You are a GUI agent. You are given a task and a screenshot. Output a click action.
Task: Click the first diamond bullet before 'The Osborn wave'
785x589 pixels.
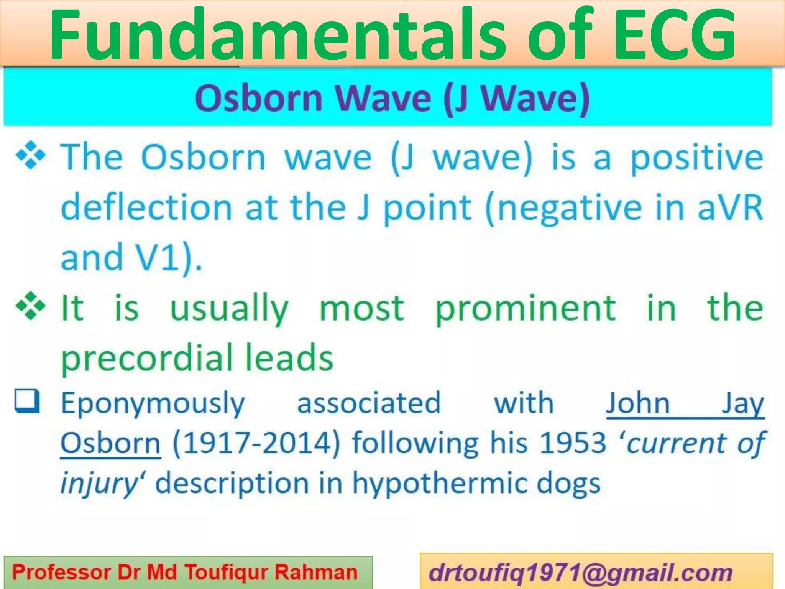(x=31, y=156)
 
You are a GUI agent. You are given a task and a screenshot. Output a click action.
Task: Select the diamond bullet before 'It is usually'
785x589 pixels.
(x=31, y=307)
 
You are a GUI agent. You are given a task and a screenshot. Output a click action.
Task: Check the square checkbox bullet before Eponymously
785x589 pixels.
(x=27, y=401)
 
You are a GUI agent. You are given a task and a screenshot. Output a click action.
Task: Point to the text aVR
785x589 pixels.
(x=730, y=208)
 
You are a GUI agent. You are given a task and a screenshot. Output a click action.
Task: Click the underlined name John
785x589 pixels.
(x=637, y=403)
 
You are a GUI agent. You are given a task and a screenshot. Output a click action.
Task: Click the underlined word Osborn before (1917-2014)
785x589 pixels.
(x=110, y=443)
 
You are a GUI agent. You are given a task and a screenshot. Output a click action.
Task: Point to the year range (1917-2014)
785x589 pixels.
(x=256, y=443)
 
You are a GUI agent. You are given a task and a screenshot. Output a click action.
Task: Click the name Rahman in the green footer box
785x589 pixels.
(x=316, y=573)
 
